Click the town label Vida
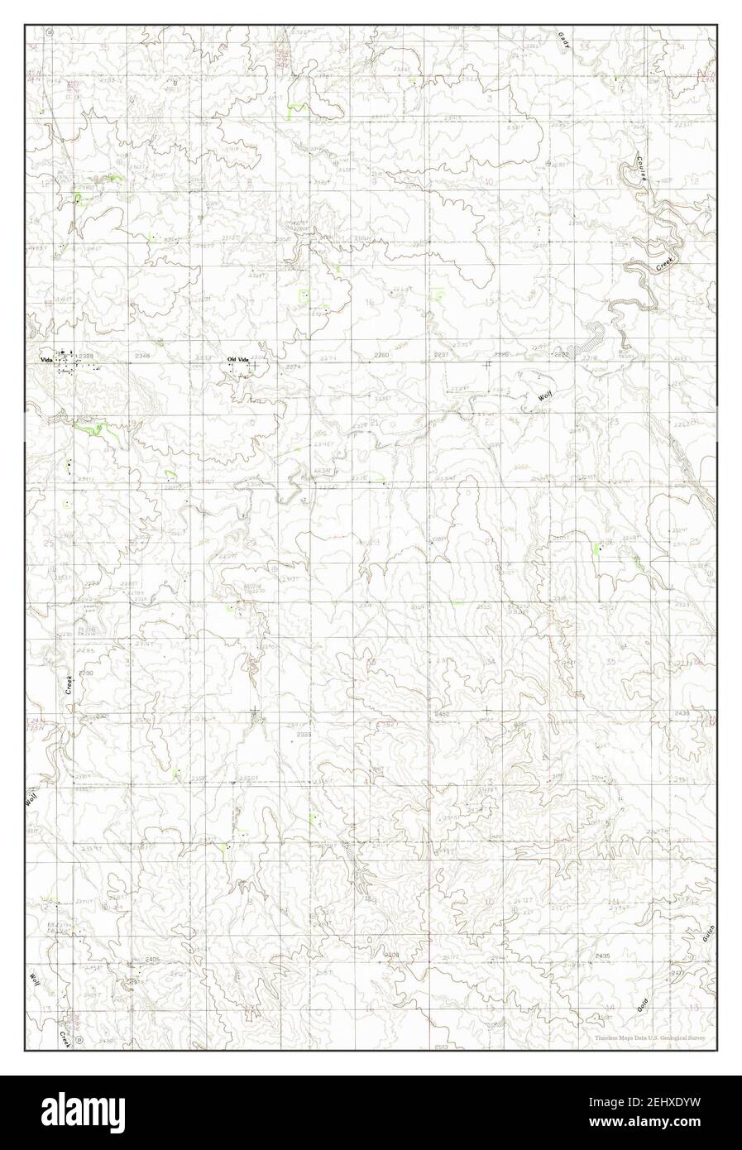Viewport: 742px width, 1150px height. point(47,359)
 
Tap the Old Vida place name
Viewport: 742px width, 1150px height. point(238,358)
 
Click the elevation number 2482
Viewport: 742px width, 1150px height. point(443,712)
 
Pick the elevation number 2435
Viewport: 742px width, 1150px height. point(602,956)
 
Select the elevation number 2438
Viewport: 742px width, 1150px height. point(682,712)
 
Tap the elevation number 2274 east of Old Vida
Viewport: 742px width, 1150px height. point(293,367)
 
